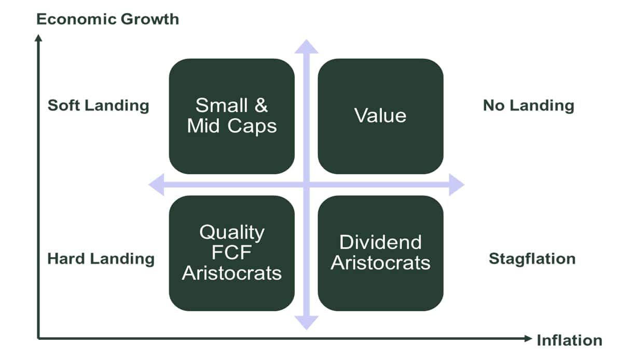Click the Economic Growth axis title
[x=108, y=19]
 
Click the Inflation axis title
[x=569, y=340]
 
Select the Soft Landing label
[x=99, y=106]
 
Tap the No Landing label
[x=528, y=106]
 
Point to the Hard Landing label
[x=101, y=259]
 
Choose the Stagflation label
[x=532, y=259]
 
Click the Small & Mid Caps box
[x=232, y=116]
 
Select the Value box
[x=380, y=116]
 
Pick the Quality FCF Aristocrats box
[x=232, y=253]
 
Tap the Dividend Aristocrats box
[x=380, y=253]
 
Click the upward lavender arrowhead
[x=307, y=47]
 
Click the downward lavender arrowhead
[x=307, y=323]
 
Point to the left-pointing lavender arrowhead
[x=157, y=185]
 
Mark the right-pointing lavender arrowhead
[x=457, y=185]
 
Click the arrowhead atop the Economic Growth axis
[x=38, y=38]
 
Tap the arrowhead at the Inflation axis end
[x=528, y=338]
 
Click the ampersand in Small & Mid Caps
[x=261, y=105]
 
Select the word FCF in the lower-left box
[x=232, y=252]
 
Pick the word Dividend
[x=380, y=242]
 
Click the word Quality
[x=232, y=233]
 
